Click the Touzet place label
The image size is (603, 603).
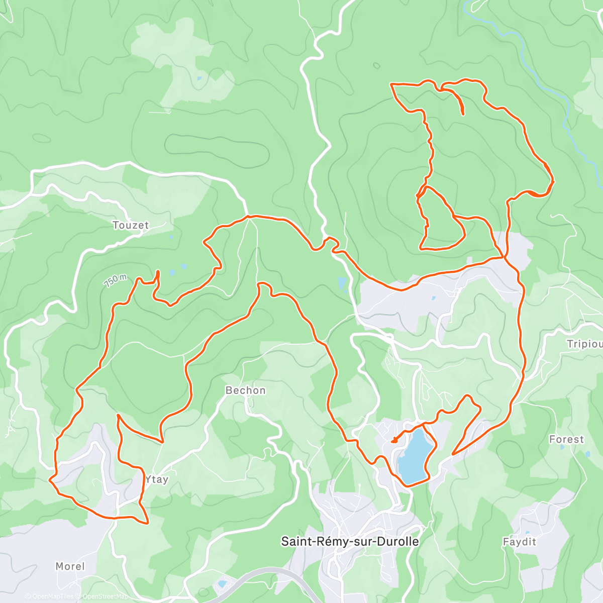(x=131, y=225)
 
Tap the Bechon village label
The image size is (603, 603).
(x=245, y=390)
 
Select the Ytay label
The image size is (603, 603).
(x=156, y=479)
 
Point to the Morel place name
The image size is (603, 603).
(x=70, y=566)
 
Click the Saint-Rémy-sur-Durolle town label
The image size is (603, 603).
(x=350, y=541)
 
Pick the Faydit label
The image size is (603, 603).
(x=520, y=542)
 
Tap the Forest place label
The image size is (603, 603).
(x=566, y=439)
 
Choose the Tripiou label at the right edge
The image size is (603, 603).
(x=584, y=344)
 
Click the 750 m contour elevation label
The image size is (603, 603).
(x=115, y=280)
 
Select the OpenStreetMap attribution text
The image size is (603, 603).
(x=103, y=597)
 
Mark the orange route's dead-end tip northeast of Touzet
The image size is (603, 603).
(x=158, y=272)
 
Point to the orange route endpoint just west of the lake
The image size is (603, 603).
(x=392, y=441)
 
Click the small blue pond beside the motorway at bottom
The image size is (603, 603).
(x=222, y=584)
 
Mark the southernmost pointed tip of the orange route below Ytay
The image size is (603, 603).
(x=147, y=523)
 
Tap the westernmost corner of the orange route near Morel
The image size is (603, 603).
(x=49, y=480)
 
